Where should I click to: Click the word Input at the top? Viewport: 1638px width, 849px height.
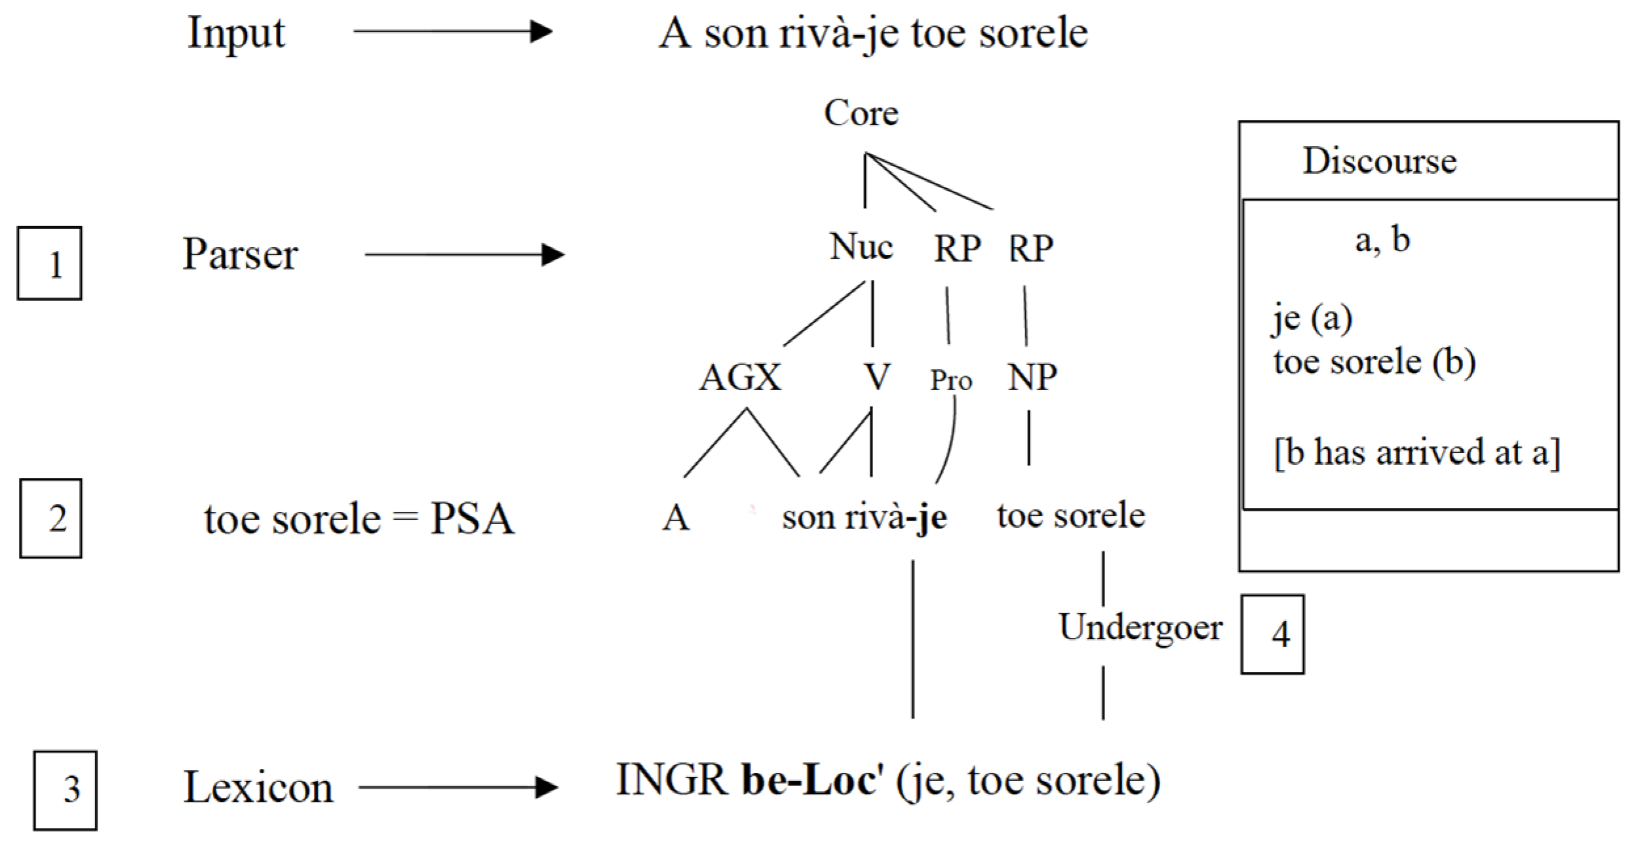(x=236, y=33)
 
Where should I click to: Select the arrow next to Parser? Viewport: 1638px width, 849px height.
(x=464, y=254)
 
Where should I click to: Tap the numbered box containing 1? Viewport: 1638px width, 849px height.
(x=50, y=264)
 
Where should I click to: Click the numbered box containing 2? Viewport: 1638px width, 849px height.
(x=51, y=518)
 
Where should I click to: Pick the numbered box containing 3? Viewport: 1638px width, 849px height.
(x=66, y=790)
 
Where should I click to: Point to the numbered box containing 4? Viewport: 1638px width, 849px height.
(x=1272, y=634)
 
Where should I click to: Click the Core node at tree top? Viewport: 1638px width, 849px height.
(x=861, y=113)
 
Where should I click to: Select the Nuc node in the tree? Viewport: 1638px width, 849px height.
(x=861, y=247)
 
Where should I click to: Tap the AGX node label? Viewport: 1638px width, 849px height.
(x=740, y=378)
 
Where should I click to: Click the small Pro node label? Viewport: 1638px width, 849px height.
(x=950, y=380)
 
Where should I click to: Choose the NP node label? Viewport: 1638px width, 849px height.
(x=1032, y=378)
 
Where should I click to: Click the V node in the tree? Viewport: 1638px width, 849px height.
(x=876, y=378)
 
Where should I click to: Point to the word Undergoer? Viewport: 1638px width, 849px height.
(x=1140, y=627)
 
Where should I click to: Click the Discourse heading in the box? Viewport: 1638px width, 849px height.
(x=1379, y=161)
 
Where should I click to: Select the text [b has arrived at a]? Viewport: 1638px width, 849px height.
(x=1416, y=452)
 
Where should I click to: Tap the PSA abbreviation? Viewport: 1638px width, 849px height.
(x=471, y=519)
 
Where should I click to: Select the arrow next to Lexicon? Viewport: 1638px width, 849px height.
(x=458, y=787)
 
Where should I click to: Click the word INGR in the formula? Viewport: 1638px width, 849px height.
(x=671, y=780)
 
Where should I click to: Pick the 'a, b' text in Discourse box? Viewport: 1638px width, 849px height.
(x=1382, y=240)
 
